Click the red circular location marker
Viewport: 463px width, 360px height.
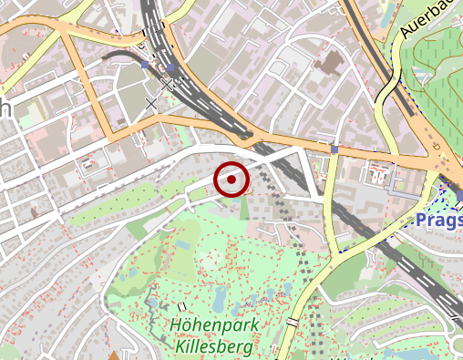click(x=231, y=180)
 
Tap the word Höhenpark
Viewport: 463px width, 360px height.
click(x=214, y=325)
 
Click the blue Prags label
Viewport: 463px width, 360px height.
click(x=438, y=221)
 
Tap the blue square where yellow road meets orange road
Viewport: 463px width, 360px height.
click(x=334, y=149)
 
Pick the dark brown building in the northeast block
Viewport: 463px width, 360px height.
click(x=329, y=63)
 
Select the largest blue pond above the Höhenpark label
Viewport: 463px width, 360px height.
click(x=220, y=298)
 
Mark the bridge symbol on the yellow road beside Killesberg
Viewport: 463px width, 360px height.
click(x=293, y=322)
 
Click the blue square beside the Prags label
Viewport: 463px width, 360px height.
click(x=459, y=196)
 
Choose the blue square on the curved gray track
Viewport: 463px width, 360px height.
click(x=146, y=66)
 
